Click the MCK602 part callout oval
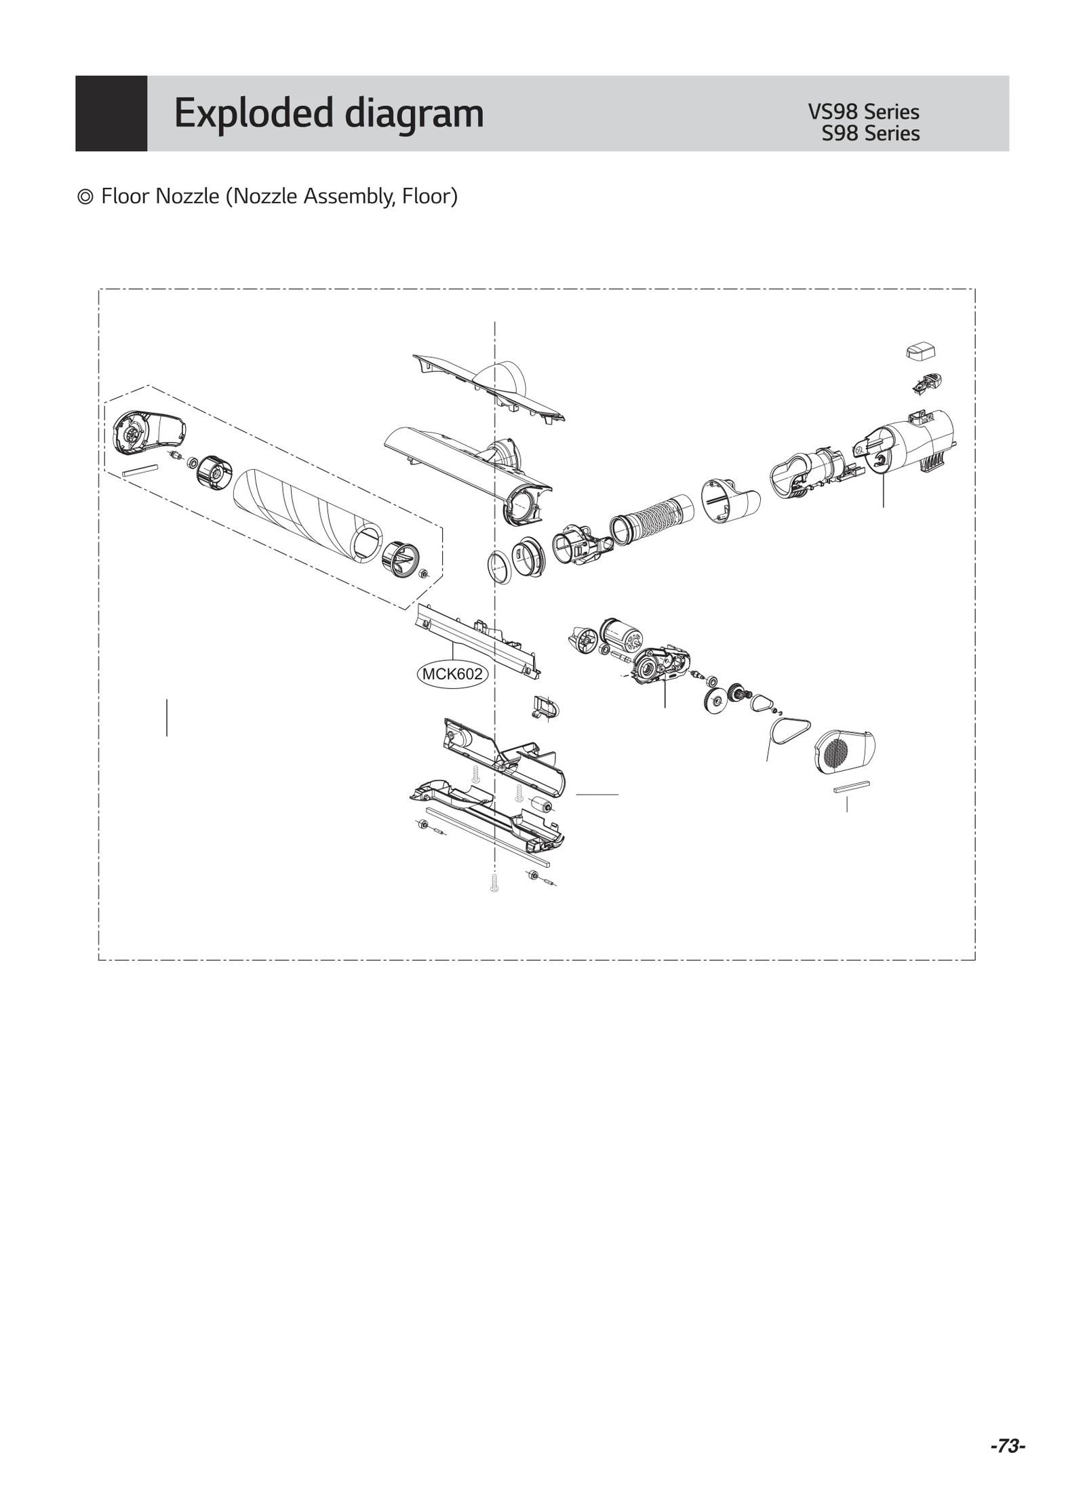pos(452,674)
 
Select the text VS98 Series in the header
pos(863,112)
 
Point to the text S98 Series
pos(870,134)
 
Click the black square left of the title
pos(111,113)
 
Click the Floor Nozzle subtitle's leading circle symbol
pos(85,197)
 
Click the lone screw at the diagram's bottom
pos(494,883)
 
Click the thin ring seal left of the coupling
pos(500,567)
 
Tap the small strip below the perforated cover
pos(852,786)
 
